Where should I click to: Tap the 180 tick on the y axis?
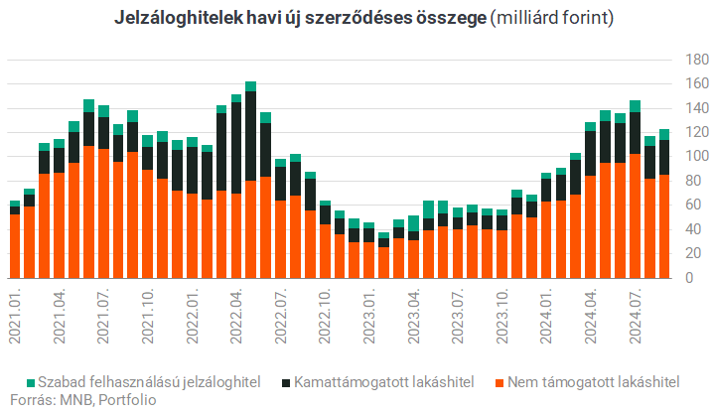point(691,60)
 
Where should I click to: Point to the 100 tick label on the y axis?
point(691,157)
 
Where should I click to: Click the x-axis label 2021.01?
point(15,316)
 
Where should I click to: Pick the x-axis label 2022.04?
point(236,316)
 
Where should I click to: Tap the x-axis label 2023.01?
point(369,316)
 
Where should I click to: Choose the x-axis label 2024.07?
point(636,316)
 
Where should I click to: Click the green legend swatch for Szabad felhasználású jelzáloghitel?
point(32,382)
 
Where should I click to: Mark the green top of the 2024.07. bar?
point(636,106)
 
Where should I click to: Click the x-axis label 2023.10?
point(502,316)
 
